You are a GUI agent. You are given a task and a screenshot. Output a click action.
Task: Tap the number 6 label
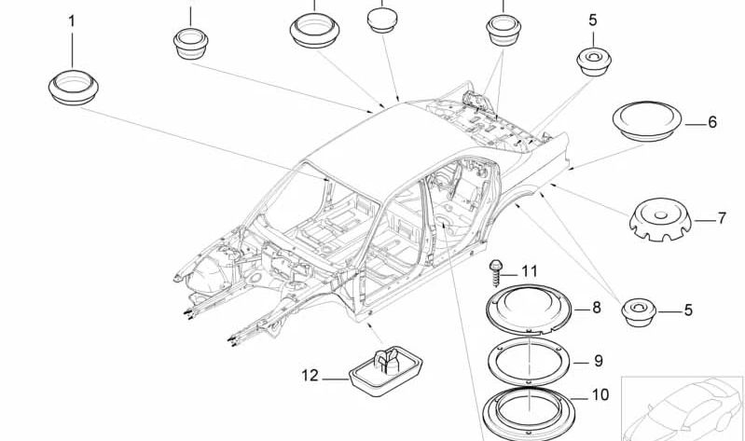point(711,122)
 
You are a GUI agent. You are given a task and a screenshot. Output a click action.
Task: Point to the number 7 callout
point(721,219)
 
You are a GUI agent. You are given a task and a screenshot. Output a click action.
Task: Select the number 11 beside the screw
point(530,271)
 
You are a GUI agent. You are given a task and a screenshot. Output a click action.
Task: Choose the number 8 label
point(597,306)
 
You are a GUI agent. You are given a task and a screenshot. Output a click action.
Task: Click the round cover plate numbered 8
point(529,310)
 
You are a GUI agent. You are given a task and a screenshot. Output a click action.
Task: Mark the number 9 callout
point(599,361)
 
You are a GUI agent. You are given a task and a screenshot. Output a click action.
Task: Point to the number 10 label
point(599,394)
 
